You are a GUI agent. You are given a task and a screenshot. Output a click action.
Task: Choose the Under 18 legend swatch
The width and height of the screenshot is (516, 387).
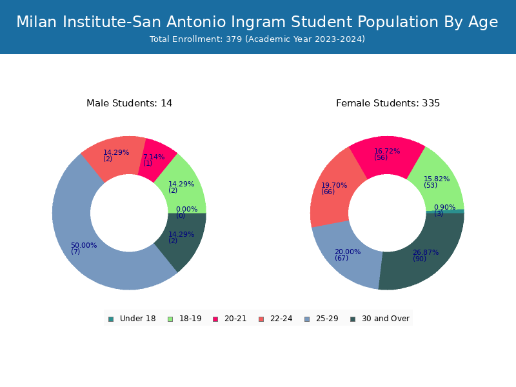111,319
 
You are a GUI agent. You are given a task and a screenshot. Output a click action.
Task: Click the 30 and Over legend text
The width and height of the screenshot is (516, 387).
385,319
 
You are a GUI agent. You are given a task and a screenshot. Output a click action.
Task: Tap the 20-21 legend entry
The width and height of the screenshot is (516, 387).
230,319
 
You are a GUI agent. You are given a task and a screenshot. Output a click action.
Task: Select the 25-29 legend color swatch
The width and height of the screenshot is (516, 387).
307,319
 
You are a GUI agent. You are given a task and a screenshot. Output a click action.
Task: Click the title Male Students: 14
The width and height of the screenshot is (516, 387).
130,103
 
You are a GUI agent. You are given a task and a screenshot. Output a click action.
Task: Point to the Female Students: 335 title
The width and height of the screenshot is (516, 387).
388,103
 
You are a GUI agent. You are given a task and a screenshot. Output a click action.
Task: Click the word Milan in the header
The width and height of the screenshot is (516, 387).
37,22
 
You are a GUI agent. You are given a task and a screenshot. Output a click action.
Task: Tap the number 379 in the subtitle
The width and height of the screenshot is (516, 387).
234,39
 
